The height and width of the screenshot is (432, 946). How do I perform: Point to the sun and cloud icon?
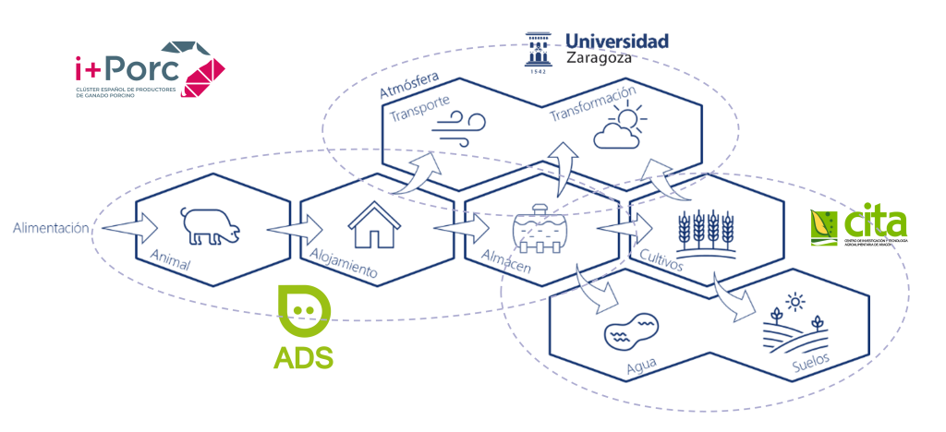(618, 128)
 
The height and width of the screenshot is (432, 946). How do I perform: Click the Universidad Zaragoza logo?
(596, 49)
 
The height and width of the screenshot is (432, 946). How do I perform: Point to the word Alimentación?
(52, 226)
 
